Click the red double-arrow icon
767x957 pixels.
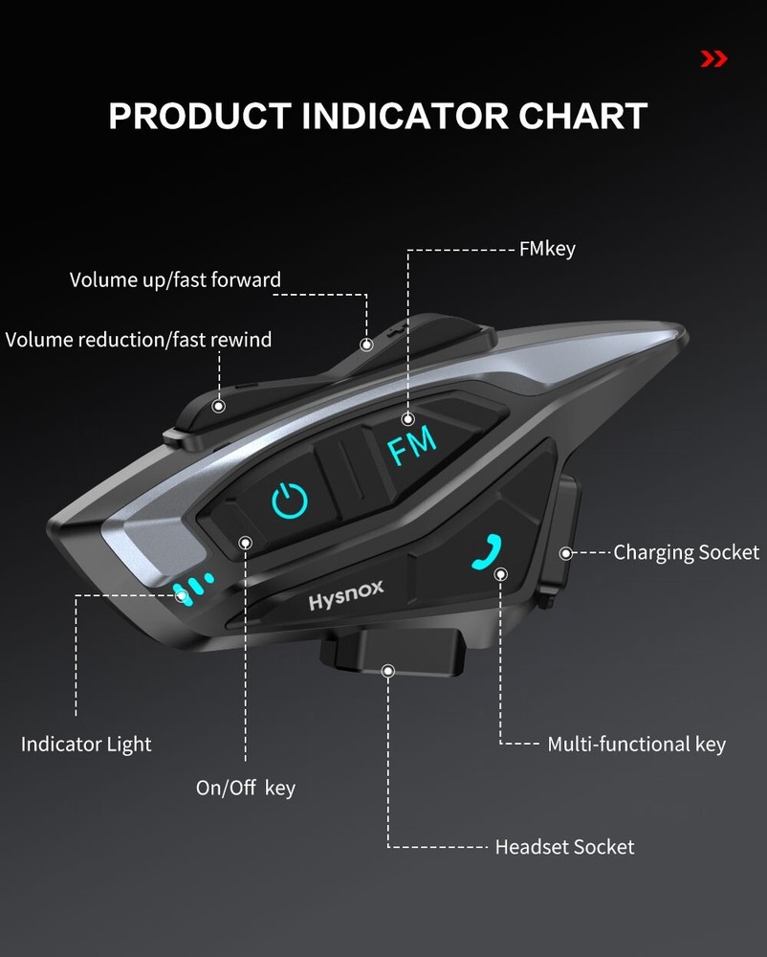click(713, 59)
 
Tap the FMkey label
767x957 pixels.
click(547, 250)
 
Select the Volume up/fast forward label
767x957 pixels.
click(175, 280)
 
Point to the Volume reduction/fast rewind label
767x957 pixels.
click(139, 340)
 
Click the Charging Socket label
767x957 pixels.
click(686, 552)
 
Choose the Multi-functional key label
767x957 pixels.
click(636, 744)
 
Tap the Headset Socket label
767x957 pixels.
click(564, 847)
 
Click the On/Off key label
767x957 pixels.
click(246, 789)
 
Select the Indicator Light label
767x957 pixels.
click(86, 744)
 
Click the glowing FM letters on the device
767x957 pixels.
click(412, 444)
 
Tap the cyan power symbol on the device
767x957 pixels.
click(290, 501)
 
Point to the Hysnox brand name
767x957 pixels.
click(346, 595)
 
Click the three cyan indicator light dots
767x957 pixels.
click(193, 588)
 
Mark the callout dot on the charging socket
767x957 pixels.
click(565, 553)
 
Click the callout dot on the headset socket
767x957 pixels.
click(388, 671)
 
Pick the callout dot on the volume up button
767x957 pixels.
click(365, 345)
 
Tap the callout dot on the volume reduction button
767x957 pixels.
click(220, 406)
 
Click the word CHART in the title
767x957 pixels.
click(582, 117)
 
